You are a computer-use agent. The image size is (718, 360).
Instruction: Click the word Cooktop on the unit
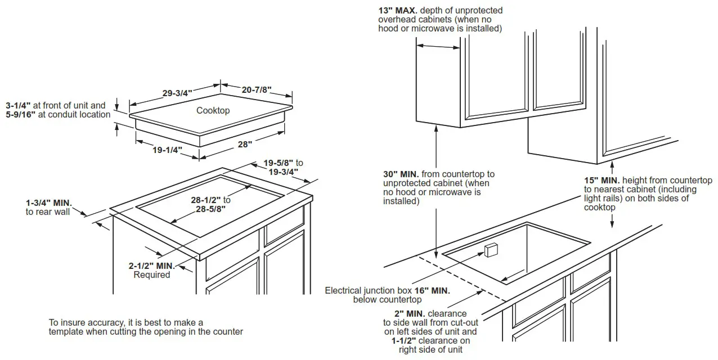(213, 110)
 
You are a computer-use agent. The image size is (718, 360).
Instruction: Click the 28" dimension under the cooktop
(245, 145)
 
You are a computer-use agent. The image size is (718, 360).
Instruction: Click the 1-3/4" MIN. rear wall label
(50, 202)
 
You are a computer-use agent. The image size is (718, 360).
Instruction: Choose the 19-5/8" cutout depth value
(279, 163)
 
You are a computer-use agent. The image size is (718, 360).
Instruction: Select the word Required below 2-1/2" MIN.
(151, 274)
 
